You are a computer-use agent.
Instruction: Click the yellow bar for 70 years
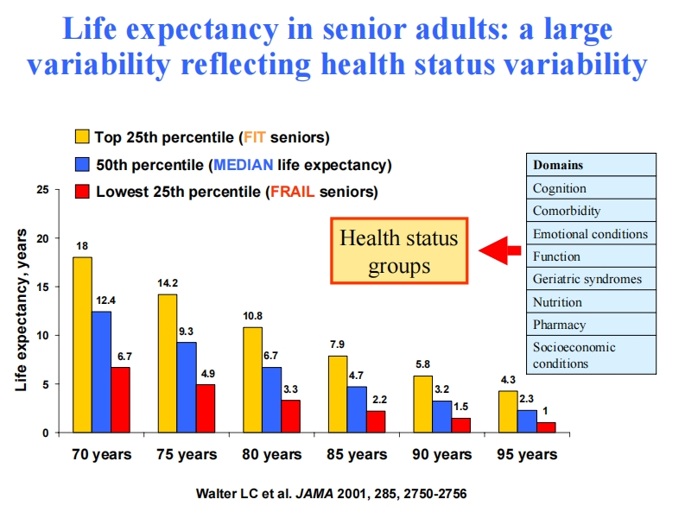[82, 344]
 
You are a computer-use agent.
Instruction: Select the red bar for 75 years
[205, 408]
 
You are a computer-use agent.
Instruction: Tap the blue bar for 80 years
[272, 400]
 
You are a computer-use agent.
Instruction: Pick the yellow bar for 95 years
[508, 412]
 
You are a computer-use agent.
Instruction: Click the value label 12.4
[102, 300]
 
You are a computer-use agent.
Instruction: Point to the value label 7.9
[338, 344]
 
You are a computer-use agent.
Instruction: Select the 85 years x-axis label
[358, 454]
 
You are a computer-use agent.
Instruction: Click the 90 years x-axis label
[441, 454]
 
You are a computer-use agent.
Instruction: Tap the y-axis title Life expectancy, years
[22, 310]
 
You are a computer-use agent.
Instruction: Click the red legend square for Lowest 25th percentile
[83, 192]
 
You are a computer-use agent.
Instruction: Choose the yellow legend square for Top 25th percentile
[83, 136]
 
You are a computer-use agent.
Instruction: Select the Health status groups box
[398, 250]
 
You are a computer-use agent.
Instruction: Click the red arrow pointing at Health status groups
[500, 250]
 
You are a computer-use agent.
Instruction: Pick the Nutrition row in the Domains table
[557, 302]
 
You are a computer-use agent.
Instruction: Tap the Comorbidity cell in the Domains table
[566, 211]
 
